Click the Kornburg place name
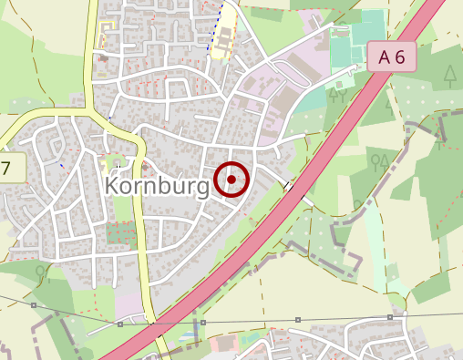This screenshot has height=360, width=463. tap(158, 184)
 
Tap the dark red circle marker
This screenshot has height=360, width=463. tap(232, 180)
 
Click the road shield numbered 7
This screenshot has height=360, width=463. tap(5, 169)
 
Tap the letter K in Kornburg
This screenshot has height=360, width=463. tap(114, 184)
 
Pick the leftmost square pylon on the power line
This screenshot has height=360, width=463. tap(33, 304)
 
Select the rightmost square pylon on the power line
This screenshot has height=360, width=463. tap(389, 317)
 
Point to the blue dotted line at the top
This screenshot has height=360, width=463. tap(221, 23)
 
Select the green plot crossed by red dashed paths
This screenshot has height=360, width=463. tap(121, 231)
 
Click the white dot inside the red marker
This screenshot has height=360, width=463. tap(232, 180)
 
